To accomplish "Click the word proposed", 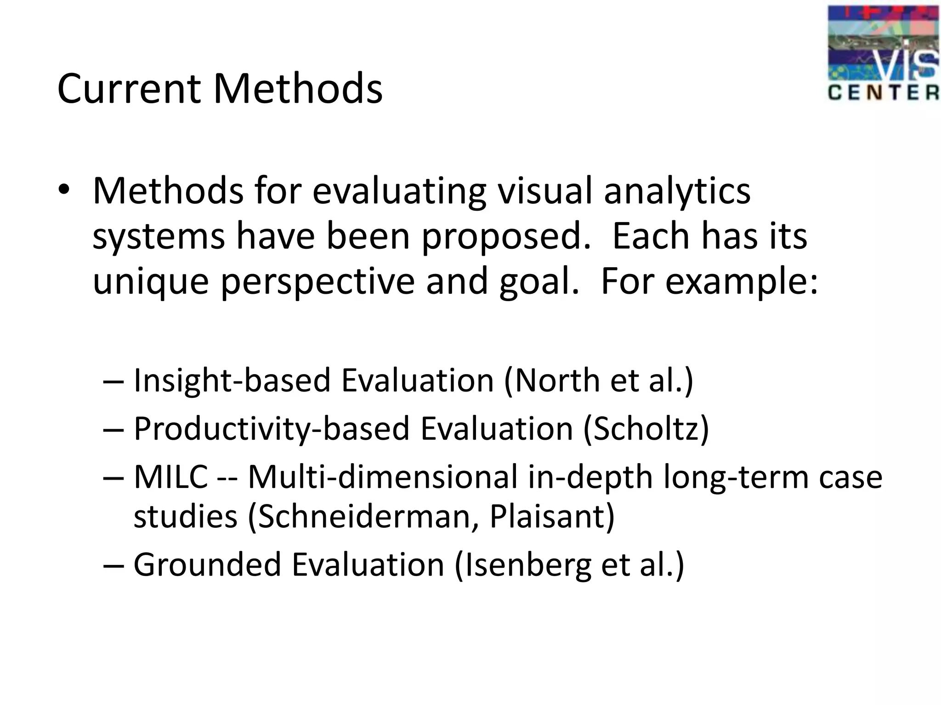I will [506, 236].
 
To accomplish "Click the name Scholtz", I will [646, 429].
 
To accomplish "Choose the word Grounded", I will [207, 565].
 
